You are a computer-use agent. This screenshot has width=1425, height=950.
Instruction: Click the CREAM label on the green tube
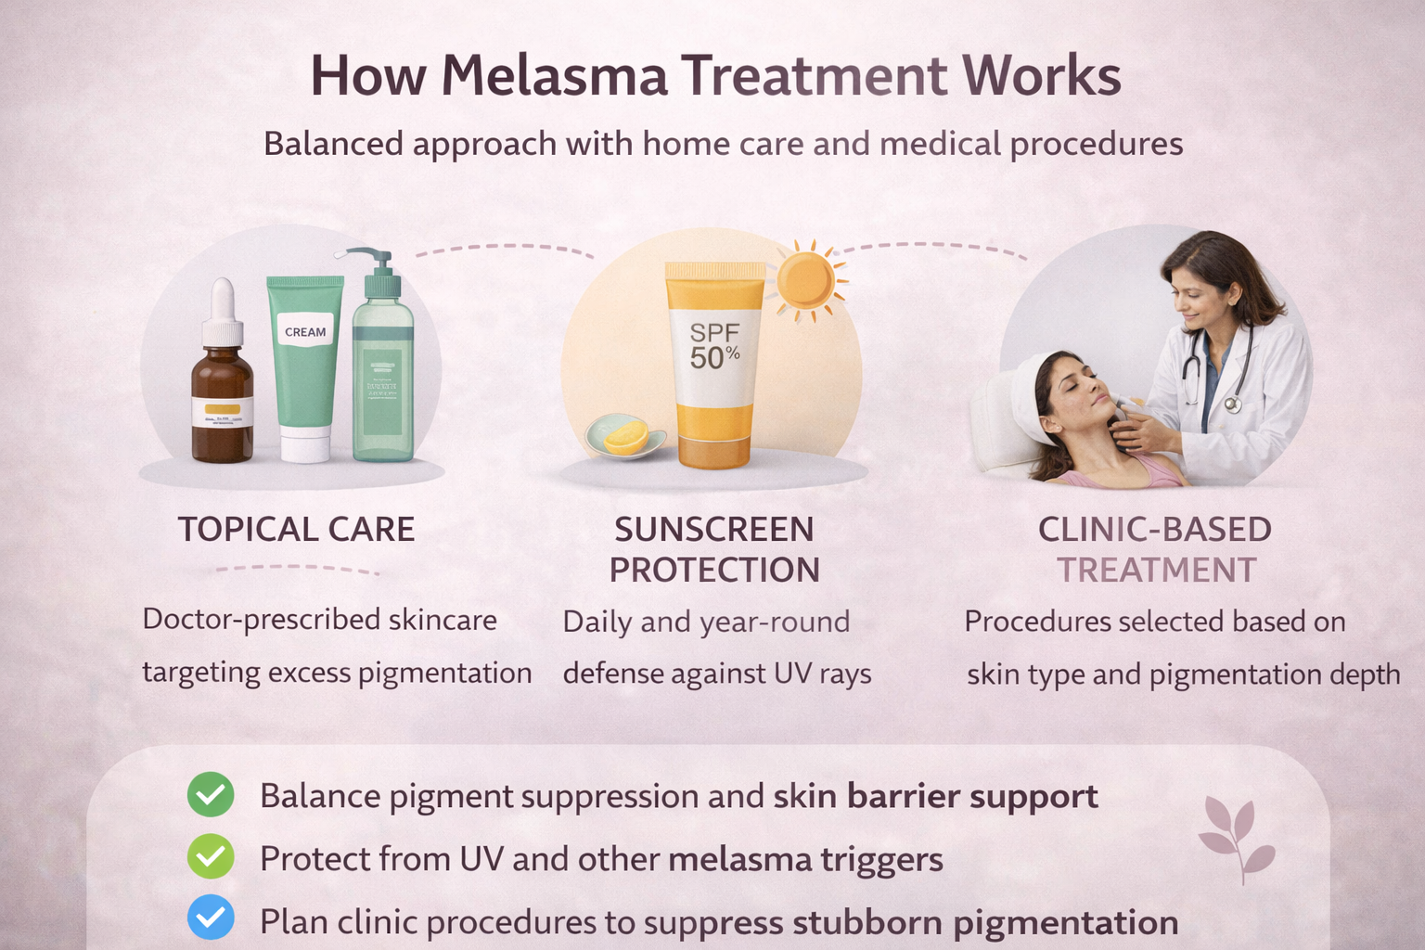coord(305,332)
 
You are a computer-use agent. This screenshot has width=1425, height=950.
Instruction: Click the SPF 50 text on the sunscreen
coord(714,345)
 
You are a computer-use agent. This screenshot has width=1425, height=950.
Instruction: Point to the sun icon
coord(805,280)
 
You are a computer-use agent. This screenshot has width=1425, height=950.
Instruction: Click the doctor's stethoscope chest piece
coord(1232,404)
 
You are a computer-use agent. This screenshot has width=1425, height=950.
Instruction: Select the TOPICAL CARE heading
coord(296,530)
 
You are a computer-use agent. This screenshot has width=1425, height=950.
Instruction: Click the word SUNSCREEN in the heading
coord(713,530)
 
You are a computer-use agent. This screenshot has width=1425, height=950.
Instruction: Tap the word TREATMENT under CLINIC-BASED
coord(1156,571)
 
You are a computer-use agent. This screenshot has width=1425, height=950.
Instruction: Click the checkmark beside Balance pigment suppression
coord(211,795)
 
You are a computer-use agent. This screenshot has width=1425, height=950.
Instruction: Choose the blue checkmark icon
coord(211,918)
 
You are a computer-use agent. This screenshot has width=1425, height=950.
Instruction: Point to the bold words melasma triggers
coord(805,860)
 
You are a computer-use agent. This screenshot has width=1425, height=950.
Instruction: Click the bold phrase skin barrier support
coord(935,796)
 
